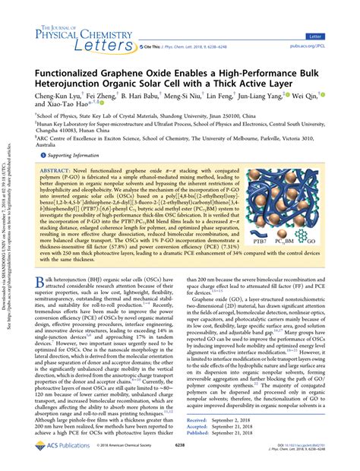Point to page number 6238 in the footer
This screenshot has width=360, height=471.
(x=179, y=460)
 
